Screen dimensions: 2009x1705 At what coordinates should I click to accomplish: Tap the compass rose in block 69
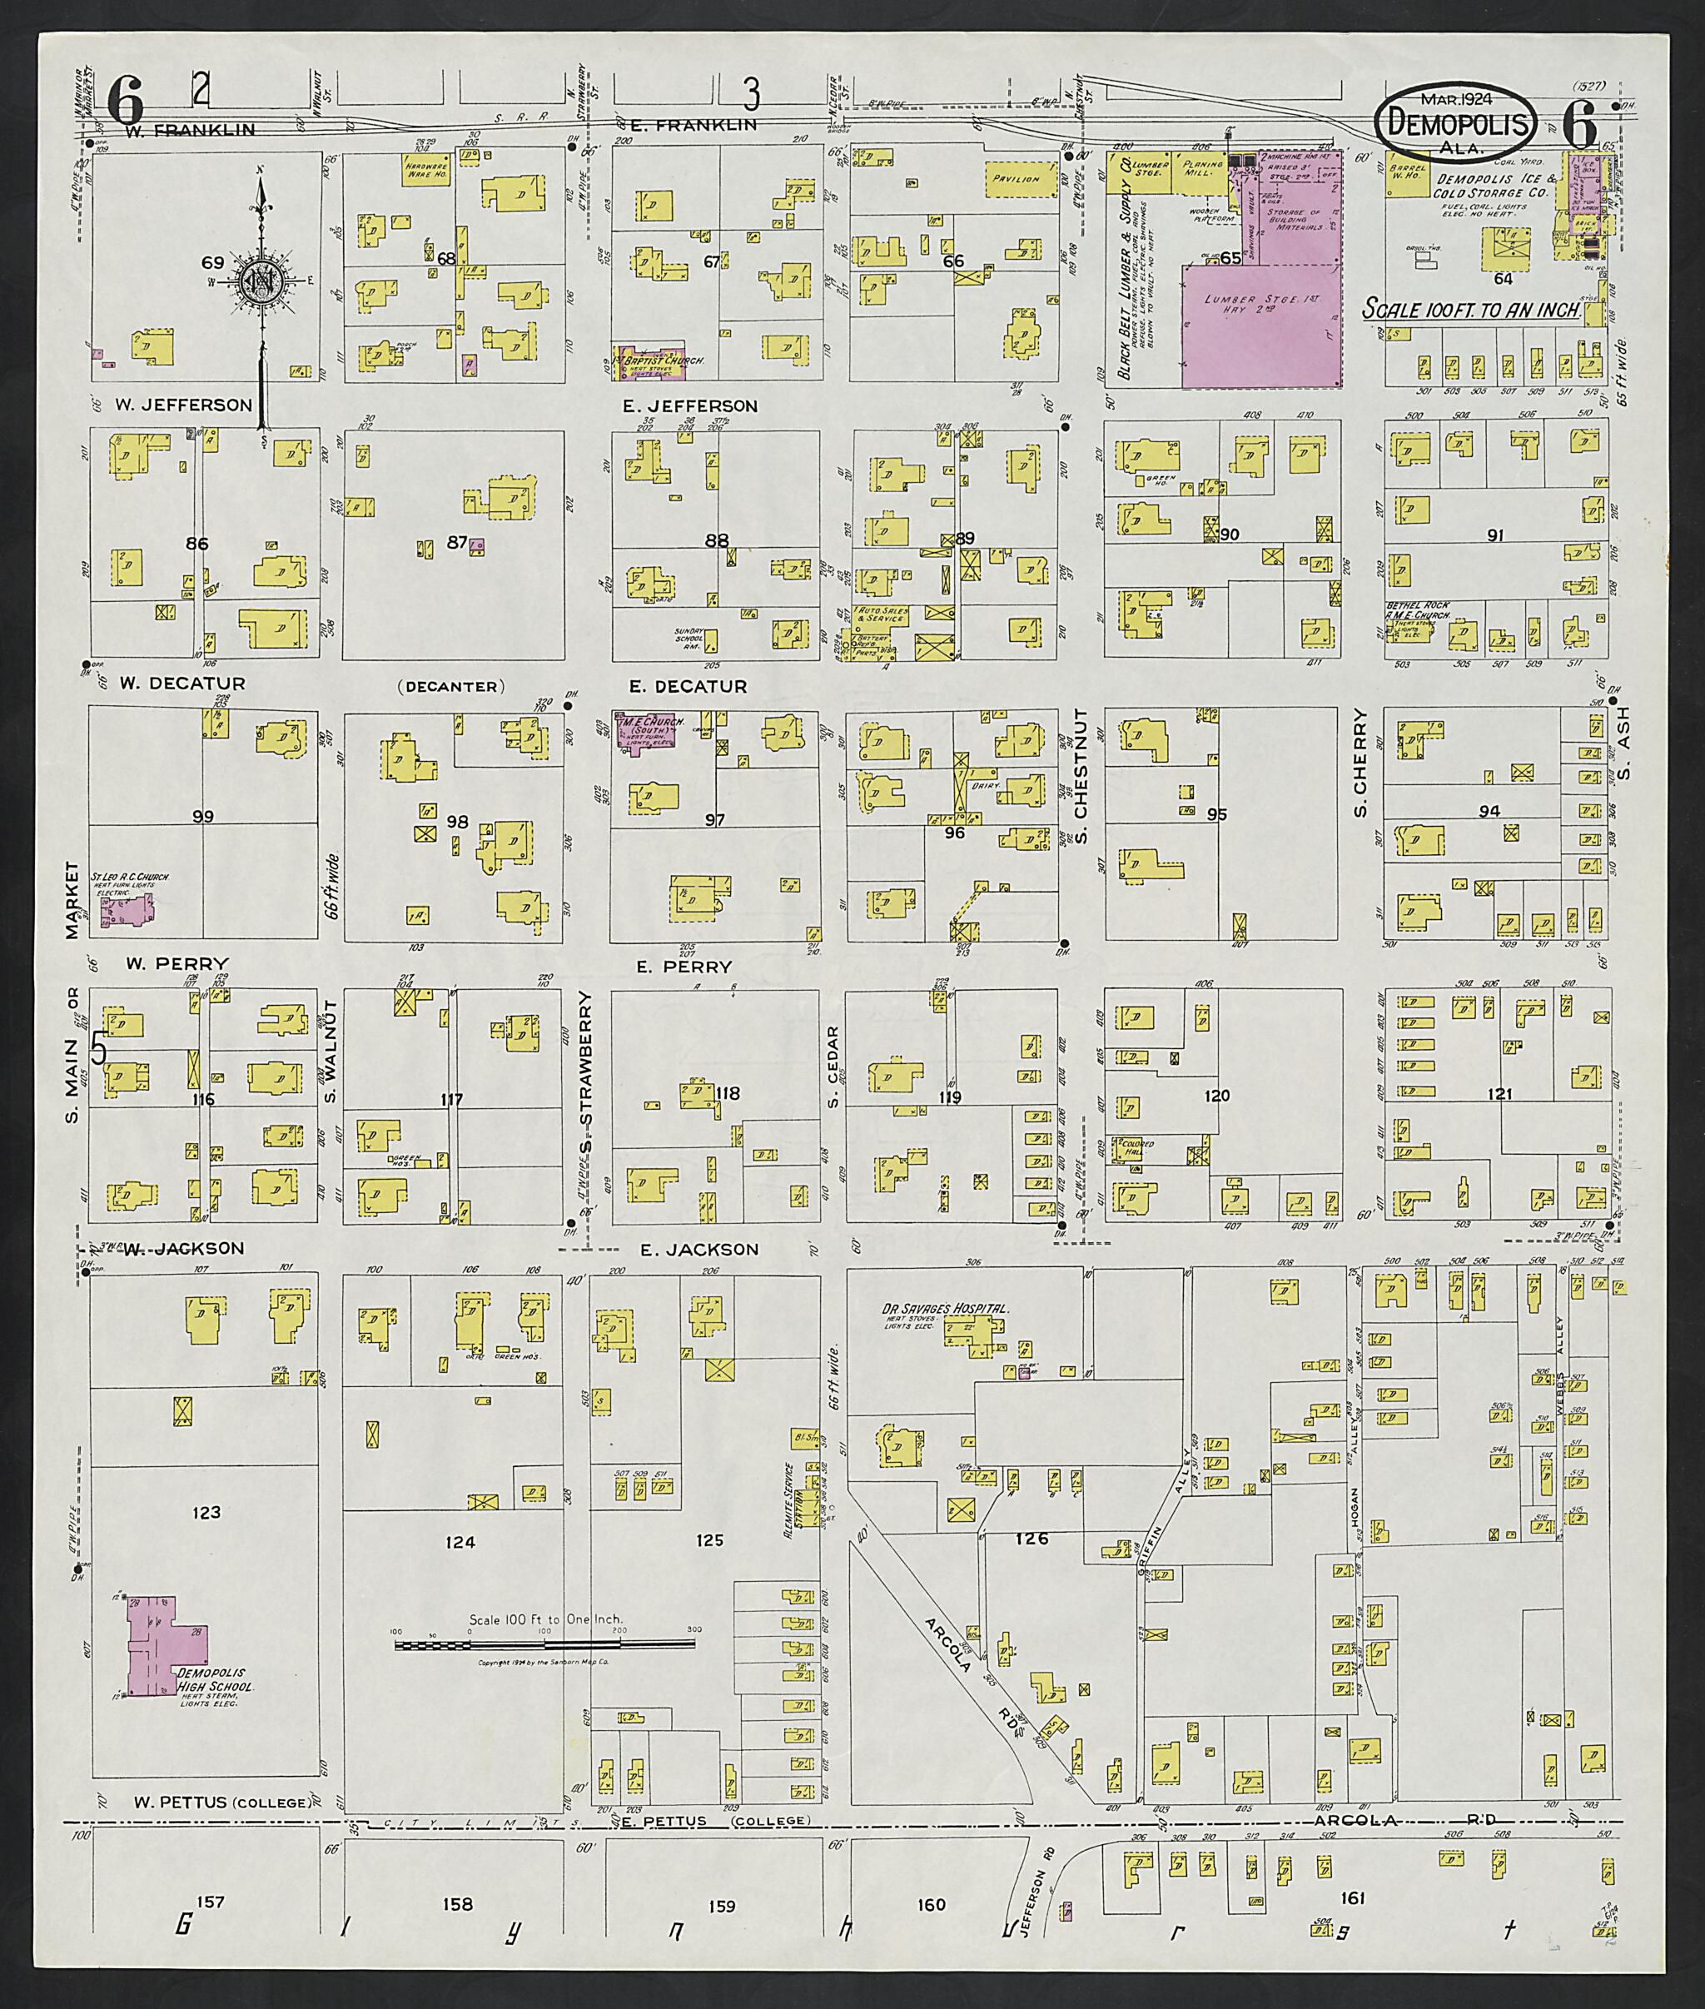coord(258,281)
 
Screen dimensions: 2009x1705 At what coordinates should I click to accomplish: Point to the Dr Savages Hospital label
coord(944,1310)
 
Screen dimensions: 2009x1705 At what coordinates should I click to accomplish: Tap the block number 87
coord(457,542)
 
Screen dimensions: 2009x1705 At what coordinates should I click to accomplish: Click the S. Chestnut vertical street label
coord(1082,776)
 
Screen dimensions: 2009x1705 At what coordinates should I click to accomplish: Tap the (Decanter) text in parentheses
coord(450,686)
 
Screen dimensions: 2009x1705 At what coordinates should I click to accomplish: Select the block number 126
coord(1031,1538)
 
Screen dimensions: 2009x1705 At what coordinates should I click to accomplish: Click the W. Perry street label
coord(176,963)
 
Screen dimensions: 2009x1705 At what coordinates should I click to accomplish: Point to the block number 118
coord(727,1093)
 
